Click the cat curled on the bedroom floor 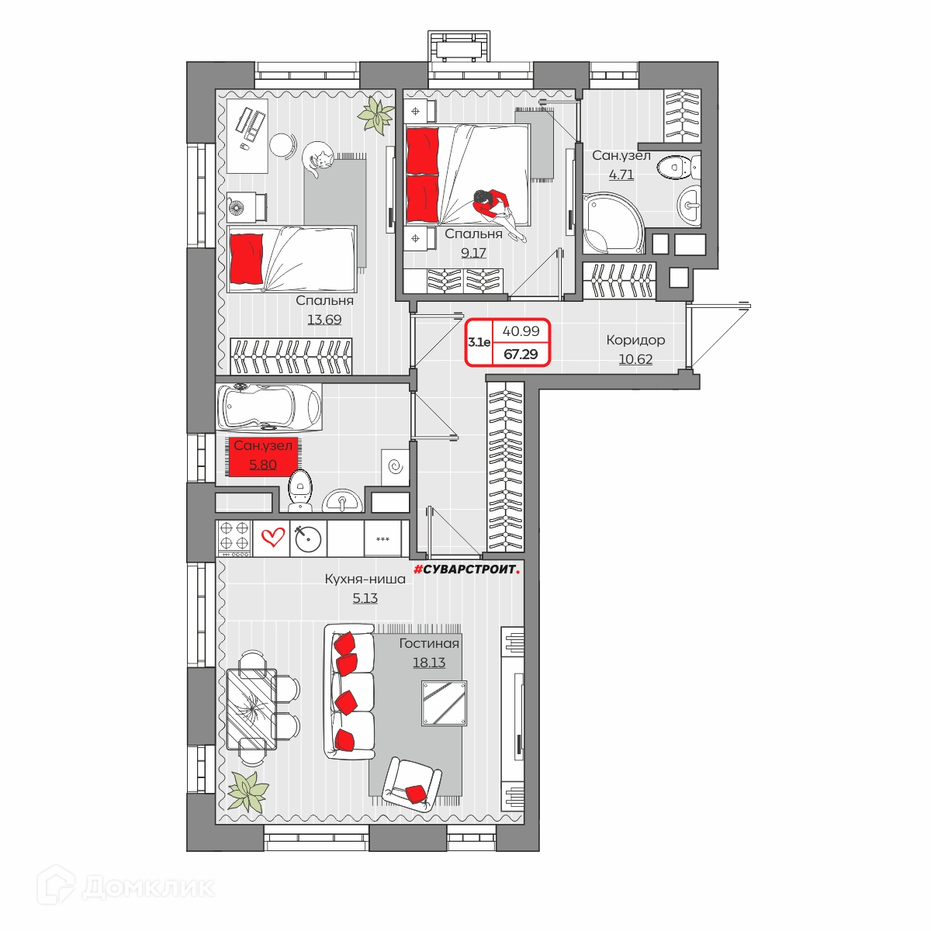click(x=318, y=159)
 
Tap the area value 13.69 click(x=324, y=320)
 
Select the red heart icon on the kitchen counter click(x=272, y=537)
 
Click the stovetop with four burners click(x=234, y=538)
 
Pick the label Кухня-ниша click(x=365, y=579)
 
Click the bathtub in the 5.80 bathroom click(x=268, y=407)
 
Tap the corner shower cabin click(x=613, y=223)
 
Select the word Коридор click(x=635, y=340)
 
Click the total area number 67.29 click(x=521, y=354)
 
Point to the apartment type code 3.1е click(x=479, y=343)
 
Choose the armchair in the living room click(x=412, y=784)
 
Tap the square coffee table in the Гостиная click(x=444, y=703)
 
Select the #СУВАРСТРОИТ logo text click(x=467, y=569)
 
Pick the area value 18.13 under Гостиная click(x=429, y=663)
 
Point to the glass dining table click(x=251, y=709)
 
